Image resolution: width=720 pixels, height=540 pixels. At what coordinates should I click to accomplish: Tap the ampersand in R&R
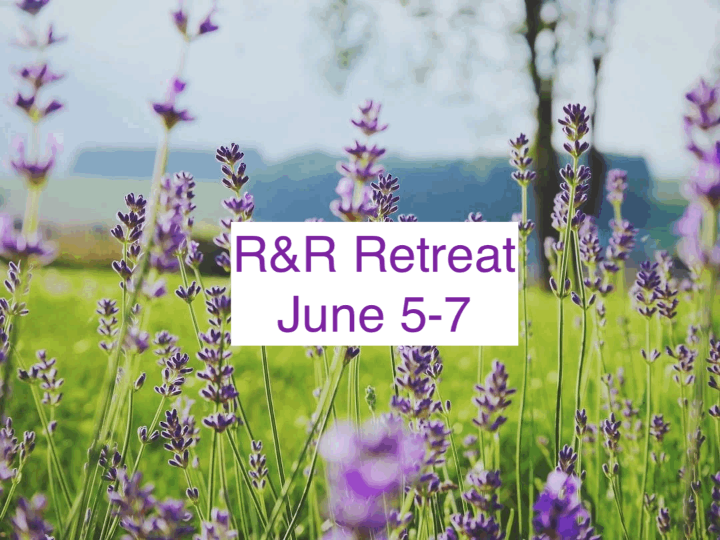coord(281,256)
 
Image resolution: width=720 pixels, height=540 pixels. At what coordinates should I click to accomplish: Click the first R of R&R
coord(250,255)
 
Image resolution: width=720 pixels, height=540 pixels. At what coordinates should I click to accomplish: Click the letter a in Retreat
coord(490,260)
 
